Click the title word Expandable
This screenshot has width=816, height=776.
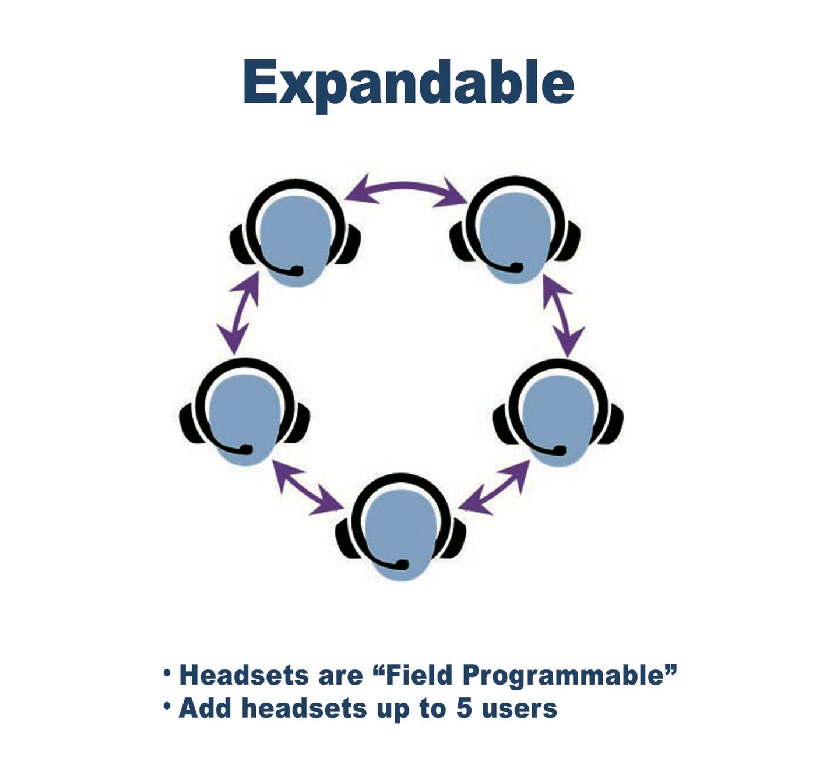pyautogui.click(x=409, y=85)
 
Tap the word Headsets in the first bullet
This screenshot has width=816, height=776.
pyautogui.click(x=244, y=675)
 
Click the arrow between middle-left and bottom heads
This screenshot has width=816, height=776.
pyautogui.click(x=307, y=487)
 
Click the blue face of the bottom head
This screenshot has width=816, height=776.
pyautogui.click(x=401, y=535)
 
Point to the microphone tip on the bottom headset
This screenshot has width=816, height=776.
pyautogui.click(x=402, y=564)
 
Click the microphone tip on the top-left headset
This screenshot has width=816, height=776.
pyautogui.click(x=296, y=270)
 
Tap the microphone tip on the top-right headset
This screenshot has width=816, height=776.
pyautogui.click(x=516, y=267)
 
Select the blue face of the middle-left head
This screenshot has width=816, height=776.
pyautogui.click(x=244, y=419)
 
